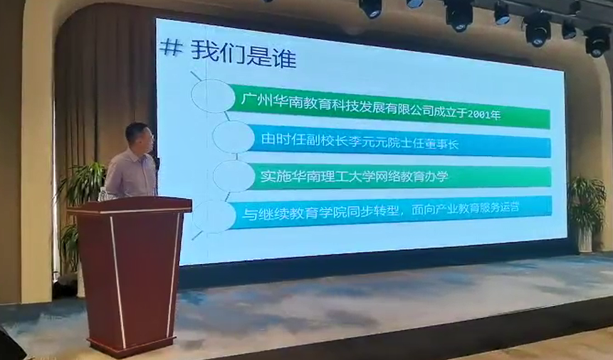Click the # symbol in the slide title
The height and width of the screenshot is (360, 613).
tap(172, 48)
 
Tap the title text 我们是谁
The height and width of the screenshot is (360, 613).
tap(243, 54)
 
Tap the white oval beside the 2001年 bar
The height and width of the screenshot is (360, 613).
tap(213, 96)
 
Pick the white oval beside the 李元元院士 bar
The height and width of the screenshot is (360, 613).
tap(234, 137)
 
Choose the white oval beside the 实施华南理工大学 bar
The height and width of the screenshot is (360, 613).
tap(234, 176)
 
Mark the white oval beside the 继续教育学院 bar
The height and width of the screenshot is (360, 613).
tap(213, 216)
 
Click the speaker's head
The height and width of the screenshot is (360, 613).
tap(140, 138)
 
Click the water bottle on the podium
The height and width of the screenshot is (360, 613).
tap(103, 194)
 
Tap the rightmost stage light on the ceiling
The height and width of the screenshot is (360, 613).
tap(597, 41)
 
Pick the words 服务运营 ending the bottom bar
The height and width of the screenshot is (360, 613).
tap(496, 207)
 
